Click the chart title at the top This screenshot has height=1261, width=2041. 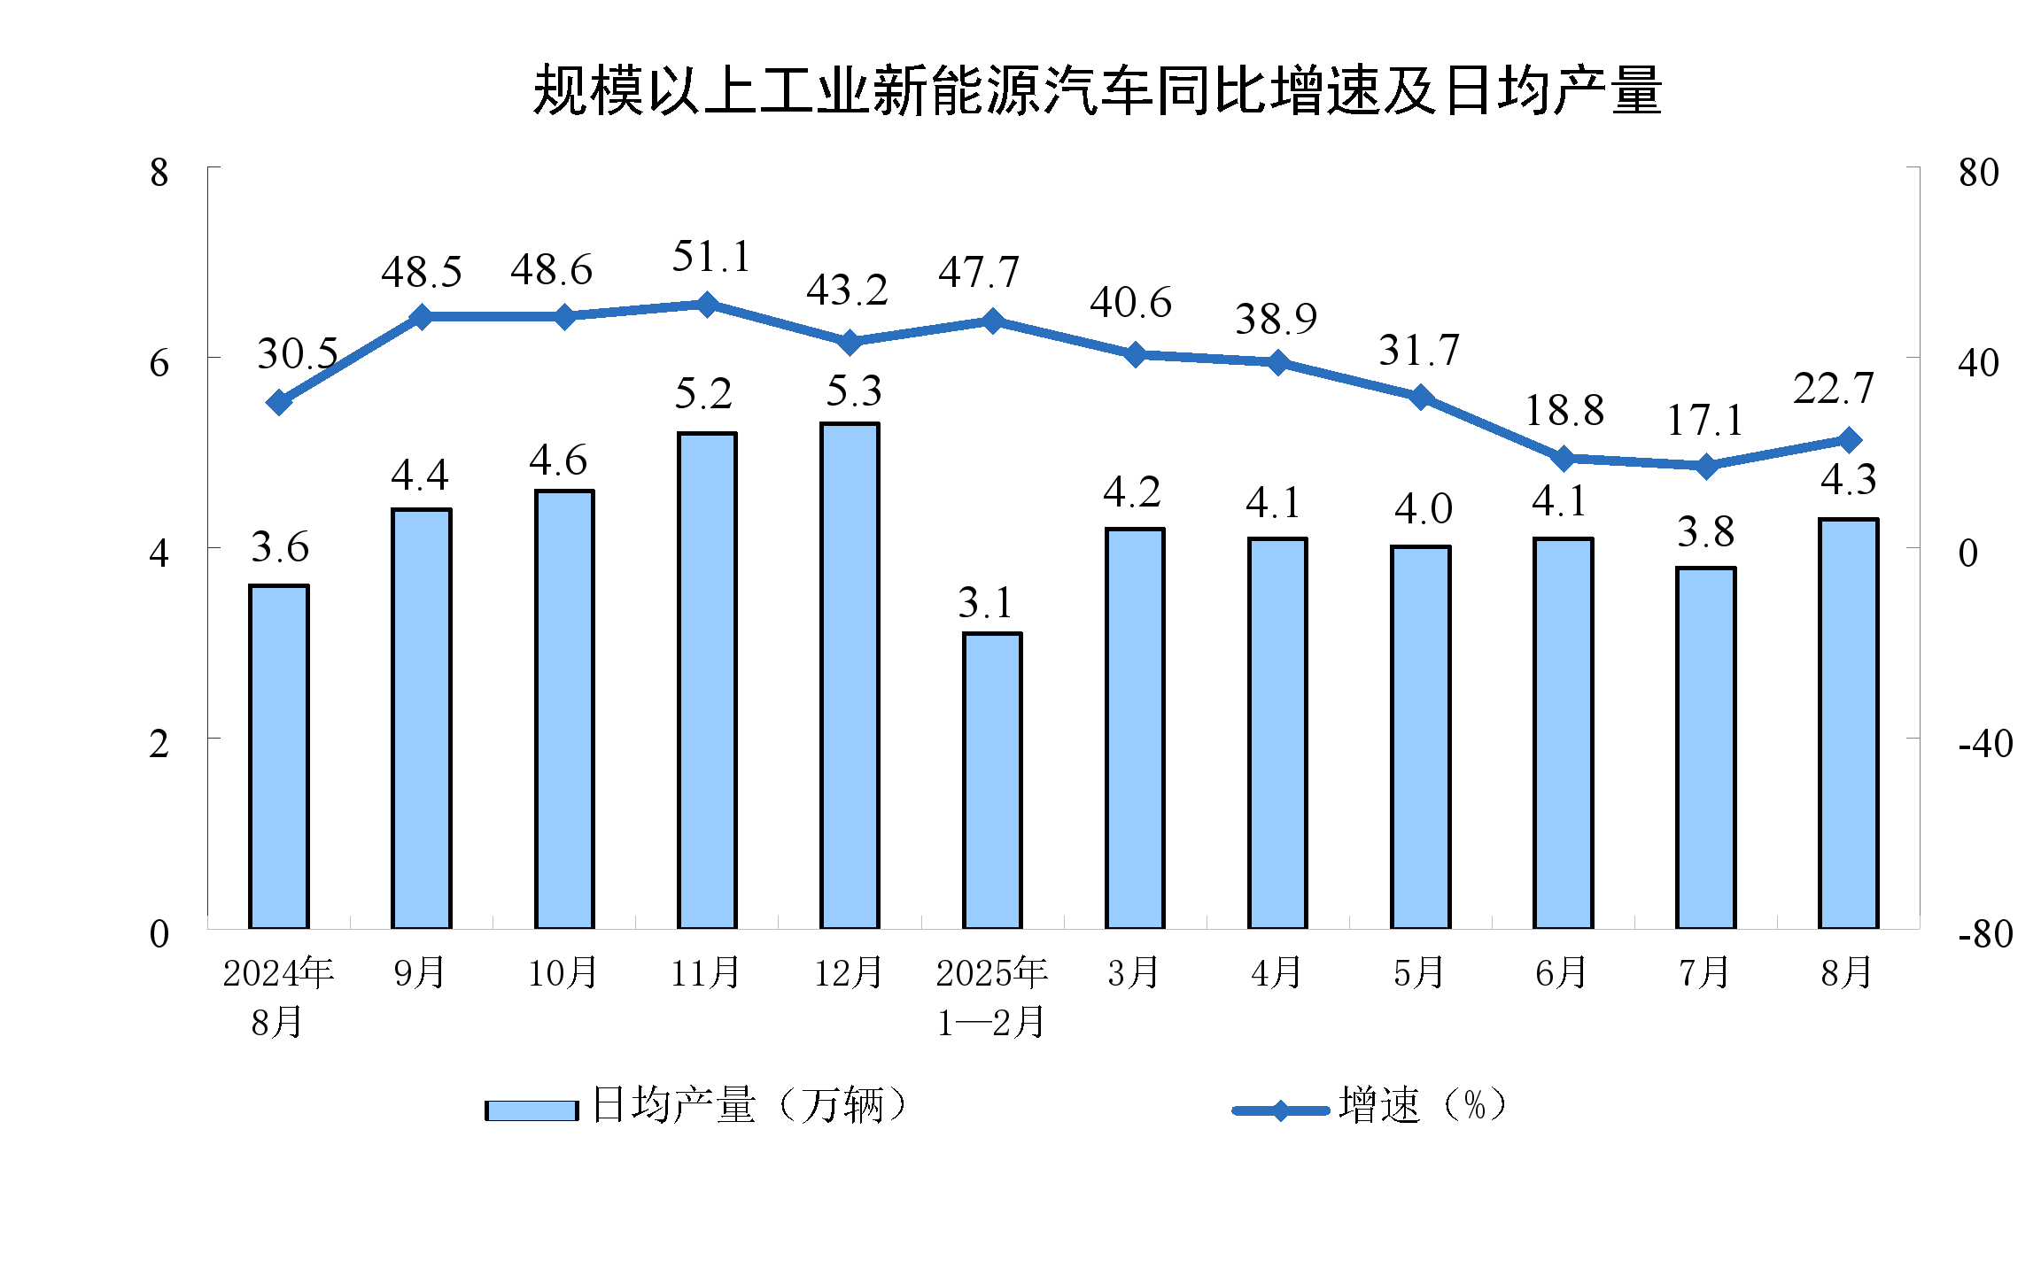(1097, 91)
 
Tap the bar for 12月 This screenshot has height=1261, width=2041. (850, 675)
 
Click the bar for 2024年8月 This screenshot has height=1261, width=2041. (279, 756)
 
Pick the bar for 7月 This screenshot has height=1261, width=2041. (1706, 747)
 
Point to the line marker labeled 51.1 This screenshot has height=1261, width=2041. (707, 306)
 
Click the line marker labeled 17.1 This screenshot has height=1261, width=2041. (1706, 467)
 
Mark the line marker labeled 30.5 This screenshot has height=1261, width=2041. (279, 403)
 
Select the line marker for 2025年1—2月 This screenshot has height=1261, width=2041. (992, 321)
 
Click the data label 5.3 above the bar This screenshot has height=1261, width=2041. (854, 391)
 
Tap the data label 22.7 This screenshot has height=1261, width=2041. (1834, 389)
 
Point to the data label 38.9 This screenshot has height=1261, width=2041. (1277, 319)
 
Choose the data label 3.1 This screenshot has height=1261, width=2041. (985, 604)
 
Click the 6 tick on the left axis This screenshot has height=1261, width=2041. (159, 363)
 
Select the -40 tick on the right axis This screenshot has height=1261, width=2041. (1985, 744)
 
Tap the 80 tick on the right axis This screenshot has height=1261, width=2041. (1979, 173)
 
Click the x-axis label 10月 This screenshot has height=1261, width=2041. (563, 973)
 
